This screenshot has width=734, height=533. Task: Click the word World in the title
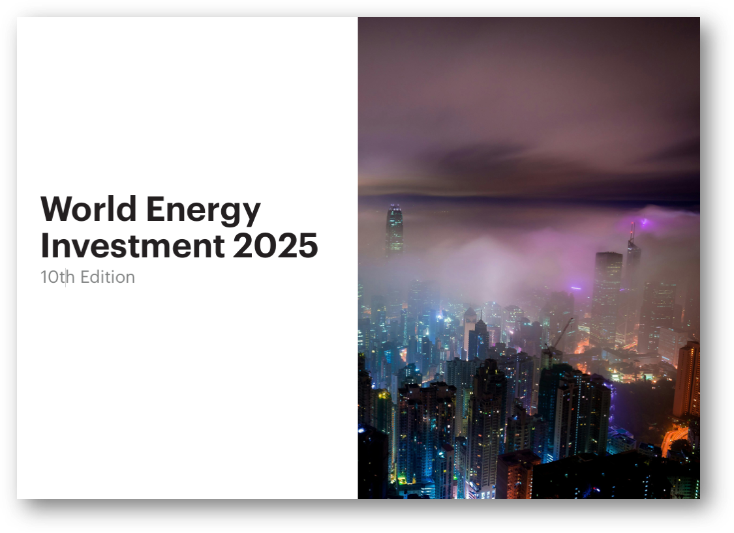(x=89, y=209)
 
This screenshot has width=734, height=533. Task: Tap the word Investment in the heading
(x=132, y=246)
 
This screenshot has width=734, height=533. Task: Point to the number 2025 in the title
(x=275, y=246)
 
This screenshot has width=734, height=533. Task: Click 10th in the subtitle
(x=57, y=277)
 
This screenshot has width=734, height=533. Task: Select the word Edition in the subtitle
(x=108, y=277)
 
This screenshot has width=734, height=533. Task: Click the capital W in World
(x=55, y=209)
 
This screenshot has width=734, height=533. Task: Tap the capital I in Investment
(x=44, y=246)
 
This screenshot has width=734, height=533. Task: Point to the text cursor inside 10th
(x=66, y=278)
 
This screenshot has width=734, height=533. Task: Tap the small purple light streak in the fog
(x=575, y=287)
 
